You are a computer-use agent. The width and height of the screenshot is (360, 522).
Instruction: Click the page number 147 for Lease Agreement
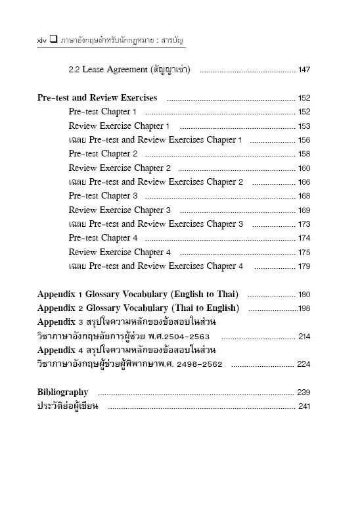(x=304, y=70)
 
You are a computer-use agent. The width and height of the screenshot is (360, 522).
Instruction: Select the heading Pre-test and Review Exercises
(x=97, y=98)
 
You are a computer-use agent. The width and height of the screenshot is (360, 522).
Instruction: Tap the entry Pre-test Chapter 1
(x=103, y=112)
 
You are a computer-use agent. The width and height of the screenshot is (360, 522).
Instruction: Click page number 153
(x=304, y=126)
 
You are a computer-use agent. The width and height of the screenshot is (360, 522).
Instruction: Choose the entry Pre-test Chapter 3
(x=103, y=196)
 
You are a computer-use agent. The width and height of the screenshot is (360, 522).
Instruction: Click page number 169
(x=304, y=210)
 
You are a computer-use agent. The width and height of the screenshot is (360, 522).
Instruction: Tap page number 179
(x=304, y=266)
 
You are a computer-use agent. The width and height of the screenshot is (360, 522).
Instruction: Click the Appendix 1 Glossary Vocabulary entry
(x=138, y=294)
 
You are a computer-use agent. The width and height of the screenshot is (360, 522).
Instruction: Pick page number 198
(x=304, y=308)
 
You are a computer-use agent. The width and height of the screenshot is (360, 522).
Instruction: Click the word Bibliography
(x=62, y=392)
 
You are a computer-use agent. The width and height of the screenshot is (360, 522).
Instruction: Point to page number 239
(x=304, y=392)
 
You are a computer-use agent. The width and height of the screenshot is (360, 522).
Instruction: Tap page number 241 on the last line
(x=304, y=406)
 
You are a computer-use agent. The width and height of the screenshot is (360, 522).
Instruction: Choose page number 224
(x=304, y=364)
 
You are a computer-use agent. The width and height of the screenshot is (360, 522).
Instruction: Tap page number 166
(x=304, y=182)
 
